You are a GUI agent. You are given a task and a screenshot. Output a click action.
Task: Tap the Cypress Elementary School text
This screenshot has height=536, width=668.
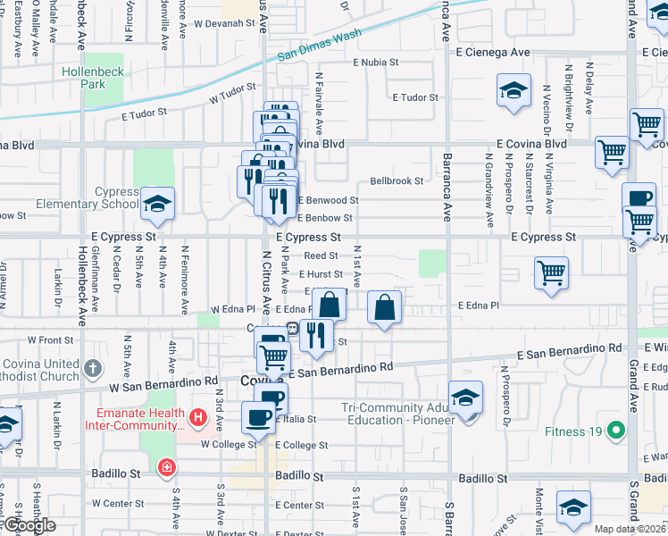(x=88, y=197)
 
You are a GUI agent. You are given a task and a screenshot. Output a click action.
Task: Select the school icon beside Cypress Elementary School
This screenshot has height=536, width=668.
(x=157, y=205)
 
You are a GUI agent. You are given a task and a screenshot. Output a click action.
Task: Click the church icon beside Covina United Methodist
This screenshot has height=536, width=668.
(x=93, y=367)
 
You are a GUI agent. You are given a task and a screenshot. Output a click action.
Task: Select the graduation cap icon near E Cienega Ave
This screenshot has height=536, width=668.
(x=514, y=90)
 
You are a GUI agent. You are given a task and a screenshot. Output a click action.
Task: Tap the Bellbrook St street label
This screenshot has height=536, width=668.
(x=397, y=180)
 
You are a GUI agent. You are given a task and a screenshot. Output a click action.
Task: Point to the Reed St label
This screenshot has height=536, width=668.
(x=321, y=255)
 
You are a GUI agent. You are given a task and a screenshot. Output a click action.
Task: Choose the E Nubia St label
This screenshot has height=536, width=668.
(x=380, y=63)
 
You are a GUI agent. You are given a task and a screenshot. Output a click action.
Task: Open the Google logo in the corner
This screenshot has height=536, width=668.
(x=29, y=525)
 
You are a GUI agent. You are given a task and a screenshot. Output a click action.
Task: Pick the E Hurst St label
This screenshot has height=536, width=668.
(x=321, y=274)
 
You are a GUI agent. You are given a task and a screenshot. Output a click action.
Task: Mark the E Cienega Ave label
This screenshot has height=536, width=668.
(x=496, y=53)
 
